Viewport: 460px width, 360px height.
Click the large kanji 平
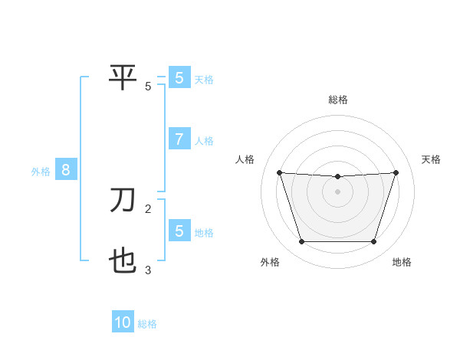[x=123, y=77]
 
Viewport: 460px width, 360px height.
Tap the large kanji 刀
[x=123, y=201]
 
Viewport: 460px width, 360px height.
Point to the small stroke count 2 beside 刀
[x=148, y=208]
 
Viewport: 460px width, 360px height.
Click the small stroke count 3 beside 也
[x=148, y=270]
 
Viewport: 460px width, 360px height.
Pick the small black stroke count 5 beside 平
[x=148, y=86]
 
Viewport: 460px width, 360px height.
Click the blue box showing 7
[x=179, y=139]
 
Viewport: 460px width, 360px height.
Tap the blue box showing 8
[x=66, y=170]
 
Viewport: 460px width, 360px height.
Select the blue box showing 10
[x=123, y=322]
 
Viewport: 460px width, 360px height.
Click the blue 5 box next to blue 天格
[x=179, y=78]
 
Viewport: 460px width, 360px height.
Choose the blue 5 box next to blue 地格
[x=179, y=231]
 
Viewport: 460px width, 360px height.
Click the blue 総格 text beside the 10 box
[x=147, y=324]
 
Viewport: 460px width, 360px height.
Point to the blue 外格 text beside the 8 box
[x=41, y=172]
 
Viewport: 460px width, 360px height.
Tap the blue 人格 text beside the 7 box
[x=204, y=141]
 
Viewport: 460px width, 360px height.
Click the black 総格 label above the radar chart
[x=337, y=100]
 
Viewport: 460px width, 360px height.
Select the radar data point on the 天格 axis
[x=396, y=172]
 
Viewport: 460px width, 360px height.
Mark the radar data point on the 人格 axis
[x=279, y=172]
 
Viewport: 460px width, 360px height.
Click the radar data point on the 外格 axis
[x=301, y=242]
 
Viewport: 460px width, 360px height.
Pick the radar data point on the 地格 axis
[x=373, y=242]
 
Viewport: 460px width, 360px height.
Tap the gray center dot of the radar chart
[x=337, y=191]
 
